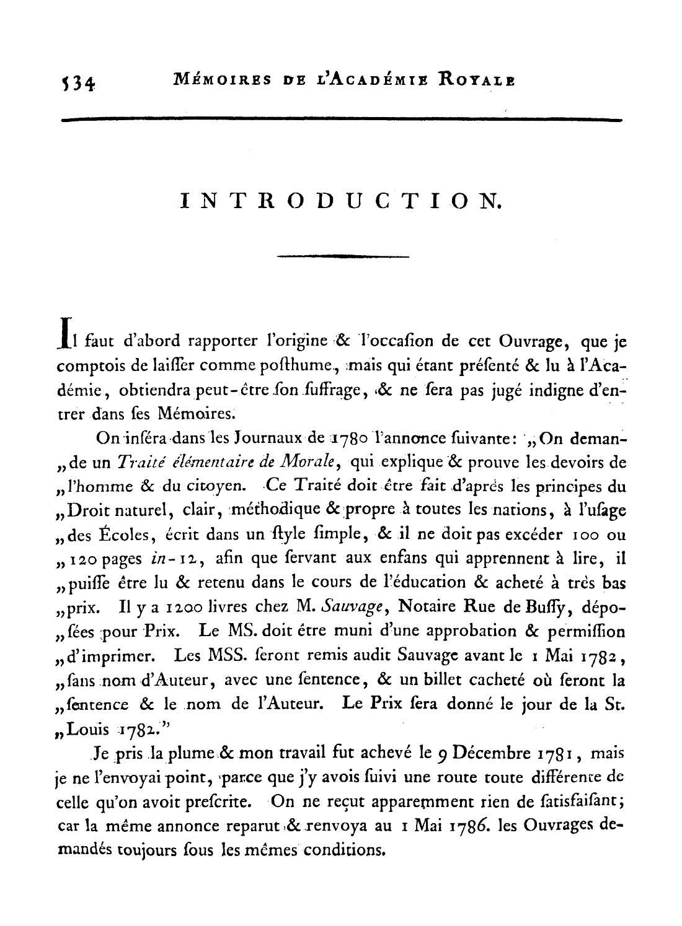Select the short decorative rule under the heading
(x=343, y=256)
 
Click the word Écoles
(x=131, y=535)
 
